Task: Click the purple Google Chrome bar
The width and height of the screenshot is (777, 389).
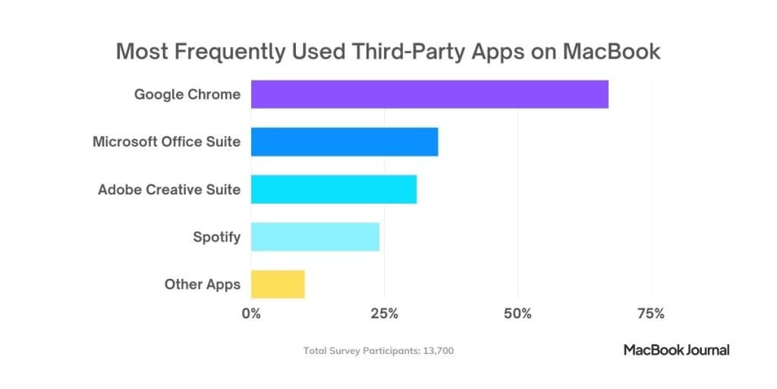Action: click(x=429, y=93)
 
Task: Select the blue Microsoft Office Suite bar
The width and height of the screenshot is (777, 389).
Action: click(x=344, y=141)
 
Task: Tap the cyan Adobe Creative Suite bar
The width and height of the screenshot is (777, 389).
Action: click(x=334, y=189)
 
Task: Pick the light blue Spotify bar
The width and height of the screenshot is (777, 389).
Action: click(x=315, y=237)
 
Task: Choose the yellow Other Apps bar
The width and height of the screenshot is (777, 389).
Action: click(x=278, y=284)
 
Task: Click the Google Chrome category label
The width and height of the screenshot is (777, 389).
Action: click(x=187, y=95)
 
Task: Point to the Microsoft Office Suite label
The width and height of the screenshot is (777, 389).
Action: click(x=166, y=142)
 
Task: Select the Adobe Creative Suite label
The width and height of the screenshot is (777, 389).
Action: click(x=169, y=189)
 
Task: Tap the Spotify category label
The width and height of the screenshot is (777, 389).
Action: click(x=216, y=237)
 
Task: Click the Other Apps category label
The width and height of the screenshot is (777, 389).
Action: click(x=203, y=285)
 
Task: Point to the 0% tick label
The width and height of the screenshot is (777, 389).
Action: click(x=251, y=313)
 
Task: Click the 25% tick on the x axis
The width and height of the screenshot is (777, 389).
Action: click(x=384, y=313)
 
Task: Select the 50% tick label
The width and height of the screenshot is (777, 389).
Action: click(x=517, y=313)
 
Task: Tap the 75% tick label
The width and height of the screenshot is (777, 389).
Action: click(x=651, y=313)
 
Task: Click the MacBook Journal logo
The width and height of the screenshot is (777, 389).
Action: click(x=676, y=350)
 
